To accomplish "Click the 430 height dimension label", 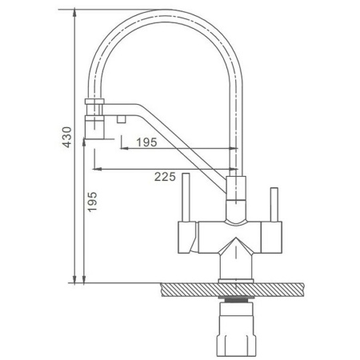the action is click(67, 137).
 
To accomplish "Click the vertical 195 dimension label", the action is click(92, 202).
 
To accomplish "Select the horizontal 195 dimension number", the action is click(147, 142).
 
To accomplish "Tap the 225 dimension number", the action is click(165, 177).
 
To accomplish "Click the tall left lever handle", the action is click(186, 198).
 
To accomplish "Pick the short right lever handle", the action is click(274, 205).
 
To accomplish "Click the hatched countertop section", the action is click(232, 290).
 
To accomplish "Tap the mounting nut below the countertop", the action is click(236, 330).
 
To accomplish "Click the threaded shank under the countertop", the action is click(236, 300).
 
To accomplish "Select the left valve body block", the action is click(187, 238).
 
